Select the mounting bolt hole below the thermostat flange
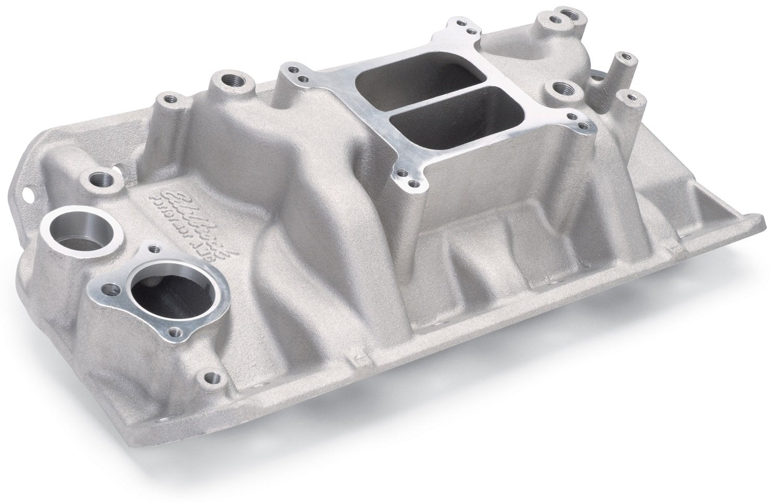[x=210, y=376]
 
